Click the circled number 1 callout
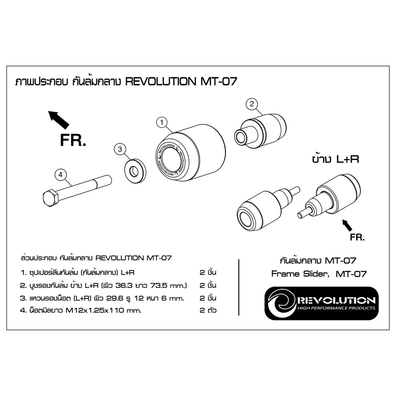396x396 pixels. tap(161, 123)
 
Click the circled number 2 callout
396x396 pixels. tap(251, 104)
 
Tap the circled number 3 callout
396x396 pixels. tap(120, 148)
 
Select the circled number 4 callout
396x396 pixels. tap(60, 175)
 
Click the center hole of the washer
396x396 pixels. tap(134, 169)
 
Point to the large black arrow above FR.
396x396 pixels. tap(58, 119)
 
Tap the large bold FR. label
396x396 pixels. tap(72, 141)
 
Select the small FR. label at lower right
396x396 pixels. tap(357, 237)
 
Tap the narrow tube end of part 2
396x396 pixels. tap(241, 137)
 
